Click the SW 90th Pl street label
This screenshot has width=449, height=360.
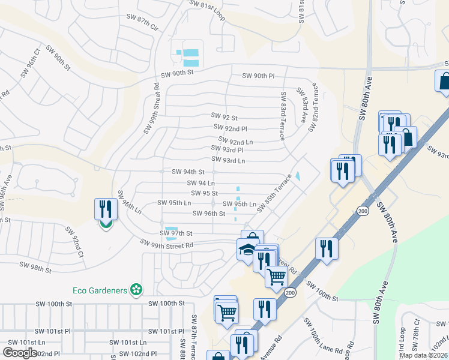tap(258, 76)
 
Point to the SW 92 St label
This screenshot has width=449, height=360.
tap(224, 117)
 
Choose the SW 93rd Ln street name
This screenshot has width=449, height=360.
tap(228, 160)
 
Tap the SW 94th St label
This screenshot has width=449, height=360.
tap(188, 172)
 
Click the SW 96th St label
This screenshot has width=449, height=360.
tap(208, 214)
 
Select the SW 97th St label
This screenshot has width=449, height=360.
tap(176, 233)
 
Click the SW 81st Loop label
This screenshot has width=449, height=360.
tap(207, 10)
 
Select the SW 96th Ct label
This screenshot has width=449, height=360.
tap(33, 59)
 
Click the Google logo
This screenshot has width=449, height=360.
tap(20, 353)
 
